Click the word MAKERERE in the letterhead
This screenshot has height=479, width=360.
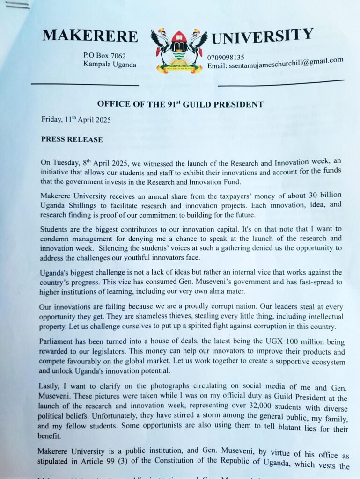(x=90, y=36)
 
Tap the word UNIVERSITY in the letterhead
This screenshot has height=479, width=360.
(x=262, y=36)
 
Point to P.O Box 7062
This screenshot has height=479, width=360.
(x=104, y=56)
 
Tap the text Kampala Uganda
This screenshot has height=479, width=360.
(x=110, y=65)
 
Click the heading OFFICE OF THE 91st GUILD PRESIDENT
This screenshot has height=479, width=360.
(x=180, y=104)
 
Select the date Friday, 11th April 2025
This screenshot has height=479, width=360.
(x=76, y=119)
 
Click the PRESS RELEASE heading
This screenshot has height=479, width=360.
(x=72, y=139)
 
